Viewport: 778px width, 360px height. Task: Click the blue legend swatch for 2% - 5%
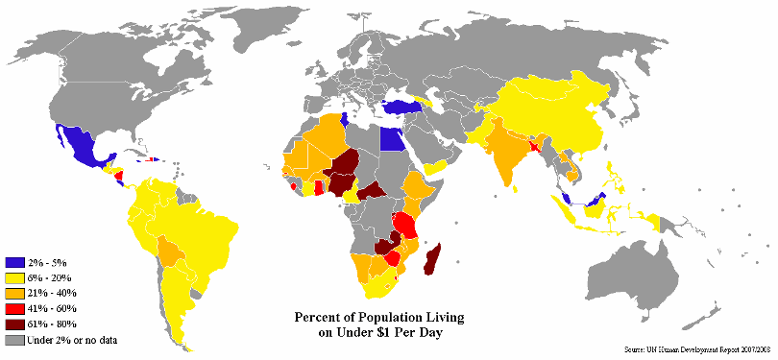click(14, 262)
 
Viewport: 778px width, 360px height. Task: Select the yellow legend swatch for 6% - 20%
click(14, 277)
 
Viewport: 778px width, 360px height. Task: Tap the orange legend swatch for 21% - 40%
click(14, 293)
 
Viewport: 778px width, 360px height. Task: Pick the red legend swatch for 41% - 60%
click(14, 308)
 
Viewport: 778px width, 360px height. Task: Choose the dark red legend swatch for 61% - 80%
click(14, 324)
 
